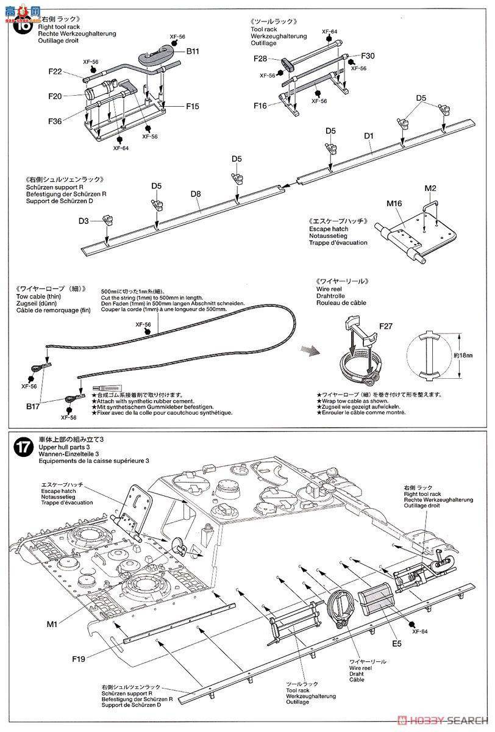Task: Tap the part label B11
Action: click(193, 51)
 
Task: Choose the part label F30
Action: click(368, 56)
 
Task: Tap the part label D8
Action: click(195, 195)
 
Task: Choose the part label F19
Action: click(79, 659)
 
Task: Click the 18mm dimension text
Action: click(467, 354)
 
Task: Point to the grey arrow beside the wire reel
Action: click(310, 350)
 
